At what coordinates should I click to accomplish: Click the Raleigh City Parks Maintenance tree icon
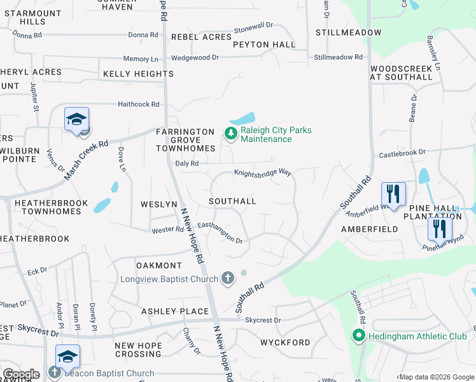click(x=230, y=134)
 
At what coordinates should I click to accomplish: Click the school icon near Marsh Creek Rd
click(x=76, y=120)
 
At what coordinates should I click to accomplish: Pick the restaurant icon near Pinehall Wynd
click(x=440, y=228)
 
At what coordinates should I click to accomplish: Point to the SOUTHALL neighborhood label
click(x=233, y=201)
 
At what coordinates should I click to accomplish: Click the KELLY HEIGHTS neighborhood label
click(x=138, y=74)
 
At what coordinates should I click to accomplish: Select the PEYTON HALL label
click(x=264, y=45)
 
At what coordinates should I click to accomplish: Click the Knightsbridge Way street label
click(x=262, y=173)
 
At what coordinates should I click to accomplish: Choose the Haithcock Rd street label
click(x=138, y=104)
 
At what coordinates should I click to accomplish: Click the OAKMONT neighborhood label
click(x=159, y=265)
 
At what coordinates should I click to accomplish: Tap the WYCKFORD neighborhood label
click(x=285, y=343)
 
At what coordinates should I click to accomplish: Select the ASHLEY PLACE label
click(x=175, y=311)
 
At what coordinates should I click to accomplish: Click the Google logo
click(x=20, y=374)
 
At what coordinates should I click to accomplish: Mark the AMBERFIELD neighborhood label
click(x=370, y=229)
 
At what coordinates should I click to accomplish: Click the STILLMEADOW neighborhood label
click(x=349, y=32)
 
